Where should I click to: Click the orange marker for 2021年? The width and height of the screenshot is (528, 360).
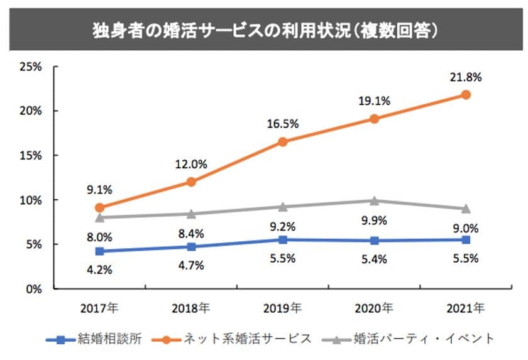[x=466, y=94]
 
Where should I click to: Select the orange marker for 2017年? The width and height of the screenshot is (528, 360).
[x=99, y=207]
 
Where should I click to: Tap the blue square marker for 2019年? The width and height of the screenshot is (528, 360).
[x=283, y=239]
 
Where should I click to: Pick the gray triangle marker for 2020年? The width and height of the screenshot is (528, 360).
[x=374, y=200]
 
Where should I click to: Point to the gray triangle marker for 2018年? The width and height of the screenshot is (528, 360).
[x=190, y=214]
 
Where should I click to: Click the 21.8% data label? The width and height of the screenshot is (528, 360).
[x=466, y=77]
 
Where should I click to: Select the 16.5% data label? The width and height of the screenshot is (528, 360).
[x=283, y=124]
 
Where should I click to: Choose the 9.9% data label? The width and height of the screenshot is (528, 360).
[x=374, y=220]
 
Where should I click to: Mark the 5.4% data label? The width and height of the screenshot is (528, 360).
[x=374, y=258]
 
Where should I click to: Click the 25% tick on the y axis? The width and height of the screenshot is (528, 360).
[x=30, y=66]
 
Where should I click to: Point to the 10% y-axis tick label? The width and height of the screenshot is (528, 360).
[x=30, y=200]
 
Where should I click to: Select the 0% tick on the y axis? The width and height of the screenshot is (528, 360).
[x=33, y=289]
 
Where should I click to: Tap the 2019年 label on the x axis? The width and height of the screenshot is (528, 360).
[x=283, y=308]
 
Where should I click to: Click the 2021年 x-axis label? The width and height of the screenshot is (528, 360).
[x=466, y=308]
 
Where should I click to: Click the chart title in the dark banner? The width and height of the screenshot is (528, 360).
[x=264, y=30]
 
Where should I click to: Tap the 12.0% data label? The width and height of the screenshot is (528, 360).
[x=190, y=164]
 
